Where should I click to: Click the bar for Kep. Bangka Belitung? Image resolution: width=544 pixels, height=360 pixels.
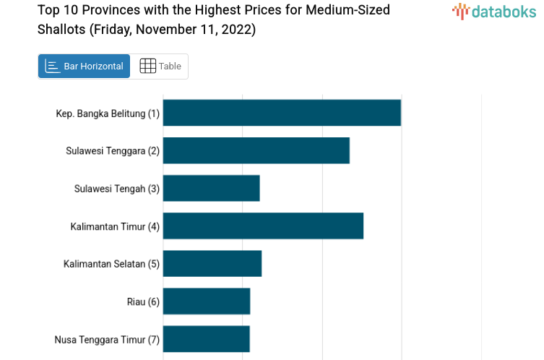282,113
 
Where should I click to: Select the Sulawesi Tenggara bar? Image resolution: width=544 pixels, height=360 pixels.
256,150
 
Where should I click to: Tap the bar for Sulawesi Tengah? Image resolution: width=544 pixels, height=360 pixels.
211,188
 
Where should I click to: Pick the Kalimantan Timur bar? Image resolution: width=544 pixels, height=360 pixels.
263,226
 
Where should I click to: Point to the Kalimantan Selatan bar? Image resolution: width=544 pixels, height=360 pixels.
212,263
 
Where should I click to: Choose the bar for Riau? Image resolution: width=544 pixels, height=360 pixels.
207,301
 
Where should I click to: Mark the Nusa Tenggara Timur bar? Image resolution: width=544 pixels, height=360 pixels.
207,338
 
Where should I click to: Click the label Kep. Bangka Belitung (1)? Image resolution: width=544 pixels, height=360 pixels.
108,113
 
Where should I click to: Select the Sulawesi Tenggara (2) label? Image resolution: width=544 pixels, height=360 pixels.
113,151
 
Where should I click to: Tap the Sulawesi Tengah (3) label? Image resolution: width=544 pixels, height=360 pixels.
117,189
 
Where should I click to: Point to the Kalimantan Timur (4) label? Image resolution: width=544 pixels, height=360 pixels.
115,226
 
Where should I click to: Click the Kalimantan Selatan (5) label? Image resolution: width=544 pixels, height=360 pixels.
111,264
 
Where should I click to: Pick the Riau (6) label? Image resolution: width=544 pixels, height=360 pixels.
143,301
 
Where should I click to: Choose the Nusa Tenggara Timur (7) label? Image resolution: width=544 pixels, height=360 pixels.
107,339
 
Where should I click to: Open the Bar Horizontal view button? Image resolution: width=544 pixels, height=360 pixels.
85,66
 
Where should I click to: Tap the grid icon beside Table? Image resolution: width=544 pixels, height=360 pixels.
147,66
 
